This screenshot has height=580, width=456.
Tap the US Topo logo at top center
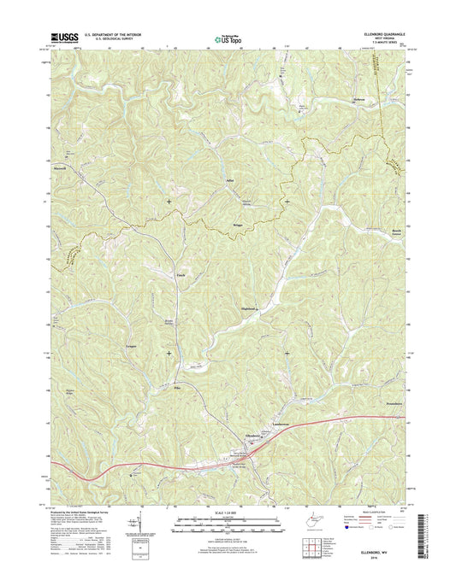click(x=226, y=38)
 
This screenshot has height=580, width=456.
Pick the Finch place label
click(x=181, y=275)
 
